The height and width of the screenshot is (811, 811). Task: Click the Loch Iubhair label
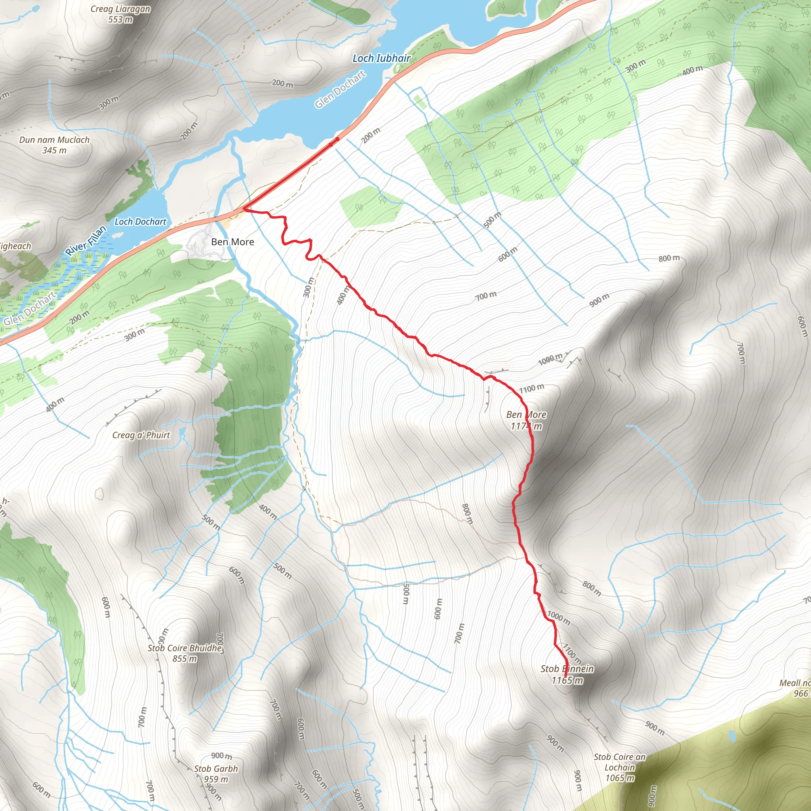(x=381, y=58)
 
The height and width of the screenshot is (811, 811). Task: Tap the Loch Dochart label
(x=141, y=222)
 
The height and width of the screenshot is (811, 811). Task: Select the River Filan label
(x=86, y=240)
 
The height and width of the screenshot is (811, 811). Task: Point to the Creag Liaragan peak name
(x=120, y=9)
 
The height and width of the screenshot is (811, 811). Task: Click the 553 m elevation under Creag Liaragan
(x=120, y=19)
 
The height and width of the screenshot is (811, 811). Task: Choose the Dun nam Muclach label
(x=55, y=140)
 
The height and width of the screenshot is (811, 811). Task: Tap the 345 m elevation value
(x=55, y=150)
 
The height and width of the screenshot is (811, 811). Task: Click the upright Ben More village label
(x=232, y=242)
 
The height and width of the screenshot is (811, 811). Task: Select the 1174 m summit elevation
(x=526, y=426)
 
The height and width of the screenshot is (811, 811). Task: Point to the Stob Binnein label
(x=567, y=669)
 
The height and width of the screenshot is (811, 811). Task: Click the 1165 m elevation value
(x=567, y=680)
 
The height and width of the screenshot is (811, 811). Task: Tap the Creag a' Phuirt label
(x=141, y=435)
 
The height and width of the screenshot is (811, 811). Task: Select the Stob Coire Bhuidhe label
(x=185, y=648)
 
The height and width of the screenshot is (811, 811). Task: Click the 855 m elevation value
(x=185, y=659)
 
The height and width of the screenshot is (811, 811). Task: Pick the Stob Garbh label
(x=216, y=769)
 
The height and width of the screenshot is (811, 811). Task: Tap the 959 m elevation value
(x=216, y=779)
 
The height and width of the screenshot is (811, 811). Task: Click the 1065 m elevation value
(x=620, y=778)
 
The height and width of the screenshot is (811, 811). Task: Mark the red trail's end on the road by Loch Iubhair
(x=337, y=139)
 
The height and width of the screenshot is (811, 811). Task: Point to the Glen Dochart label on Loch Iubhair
(x=340, y=89)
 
